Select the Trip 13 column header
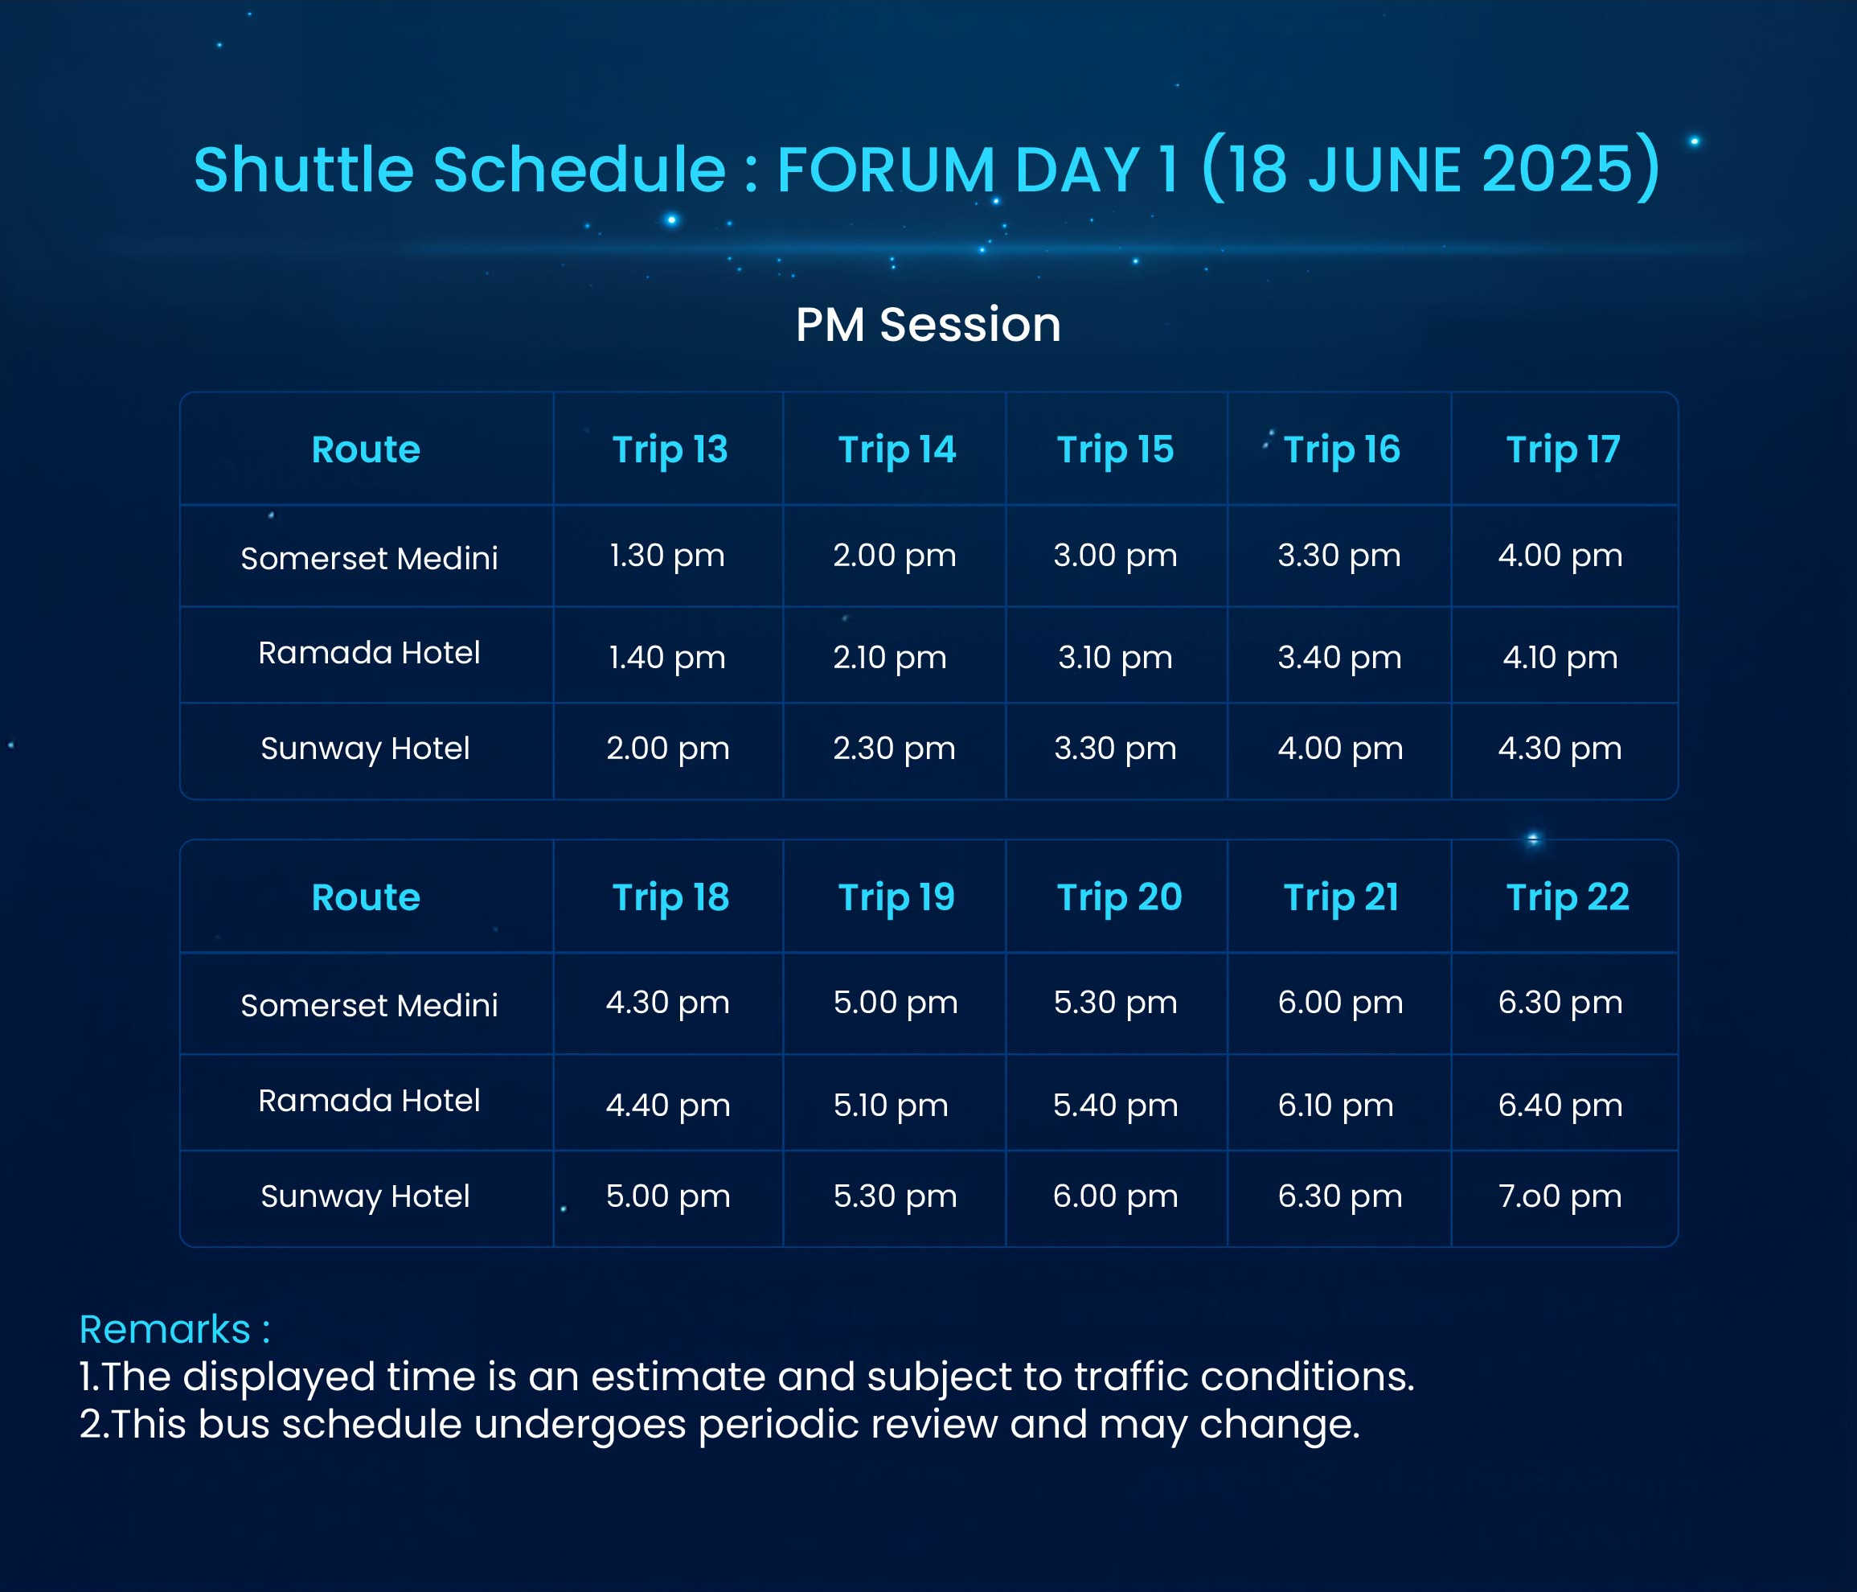pos(670,450)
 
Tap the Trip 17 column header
pos(1563,450)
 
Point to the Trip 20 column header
pos(1119,898)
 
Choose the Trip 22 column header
pos(1568,897)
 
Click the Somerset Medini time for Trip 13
pos(666,556)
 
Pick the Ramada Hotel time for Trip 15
pos(1115,658)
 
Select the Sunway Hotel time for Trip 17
pos(1560,749)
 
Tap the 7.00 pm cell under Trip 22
pos(1560,1196)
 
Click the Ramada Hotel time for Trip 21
pos(1335,1106)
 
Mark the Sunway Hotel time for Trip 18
pos(668,1196)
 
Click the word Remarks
pos(165,1329)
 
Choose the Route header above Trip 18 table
pos(366,898)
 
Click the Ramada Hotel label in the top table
pos(369,653)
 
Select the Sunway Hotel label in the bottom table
pos(366,1196)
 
